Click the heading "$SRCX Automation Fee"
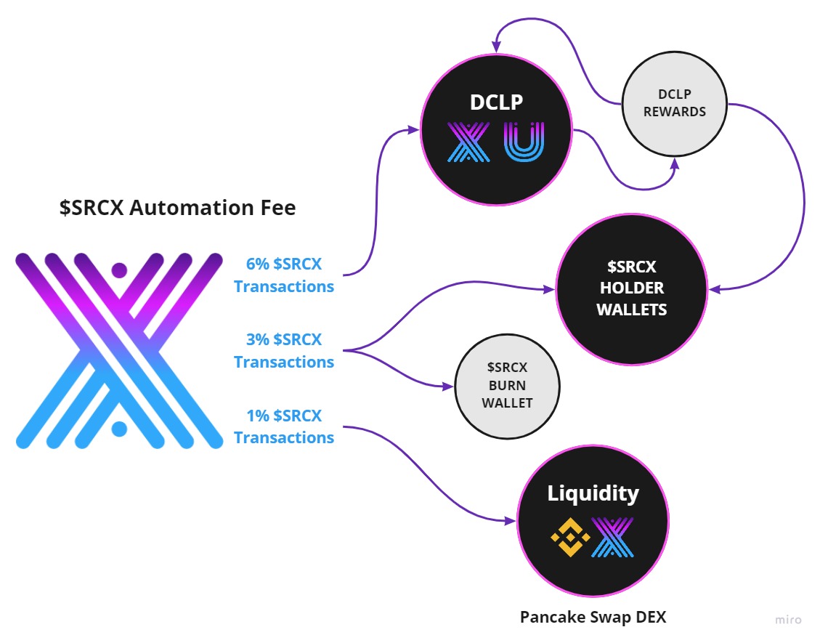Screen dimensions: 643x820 pyautogui.click(x=178, y=208)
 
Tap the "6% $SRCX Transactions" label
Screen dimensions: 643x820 pyautogui.click(x=284, y=275)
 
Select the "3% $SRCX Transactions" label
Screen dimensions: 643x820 pyautogui.click(x=284, y=351)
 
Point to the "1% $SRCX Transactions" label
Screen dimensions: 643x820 pyautogui.click(x=284, y=426)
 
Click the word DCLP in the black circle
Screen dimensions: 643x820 pyautogui.click(x=496, y=102)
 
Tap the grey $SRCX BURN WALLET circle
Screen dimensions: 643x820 pyautogui.click(x=507, y=386)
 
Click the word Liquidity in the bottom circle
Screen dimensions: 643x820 pyautogui.click(x=593, y=493)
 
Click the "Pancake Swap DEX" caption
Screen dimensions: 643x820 pyautogui.click(x=593, y=618)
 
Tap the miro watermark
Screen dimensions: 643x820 pyautogui.click(x=787, y=620)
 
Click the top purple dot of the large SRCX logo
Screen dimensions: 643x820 pyautogui.click(x=119, y=270)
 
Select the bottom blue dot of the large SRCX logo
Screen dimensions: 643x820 pyautogui.click(x=119, y=429)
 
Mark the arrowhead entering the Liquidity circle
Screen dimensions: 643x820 pyautogui.click(x=511, y=521)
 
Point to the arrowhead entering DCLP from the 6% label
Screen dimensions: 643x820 pyautogui.click(x=415, y=130)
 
